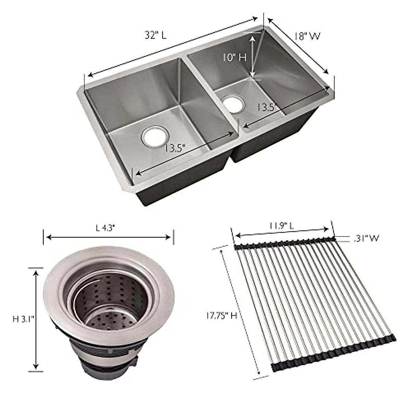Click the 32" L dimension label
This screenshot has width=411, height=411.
(155, 35)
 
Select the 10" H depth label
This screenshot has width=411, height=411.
(234, 57)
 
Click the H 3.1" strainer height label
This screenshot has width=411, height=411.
(23, 319)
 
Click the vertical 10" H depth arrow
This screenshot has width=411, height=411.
(252, 57)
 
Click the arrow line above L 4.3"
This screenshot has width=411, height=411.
(108, 237)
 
